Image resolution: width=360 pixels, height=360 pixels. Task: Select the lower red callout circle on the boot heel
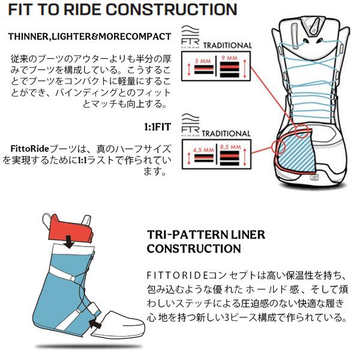pos(279,146)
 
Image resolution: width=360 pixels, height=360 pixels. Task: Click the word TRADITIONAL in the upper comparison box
pos(227,46)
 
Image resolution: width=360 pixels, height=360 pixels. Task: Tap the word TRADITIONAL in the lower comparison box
pos(227,133)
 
